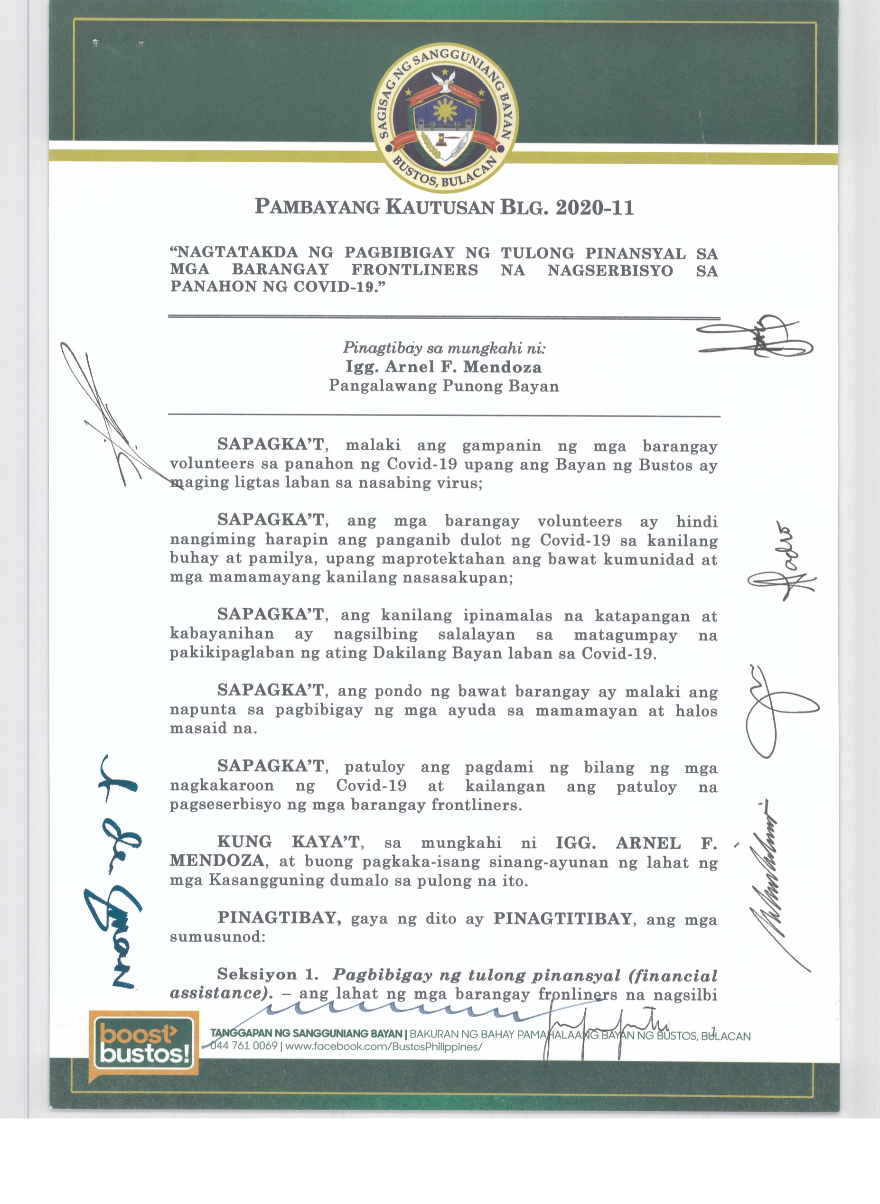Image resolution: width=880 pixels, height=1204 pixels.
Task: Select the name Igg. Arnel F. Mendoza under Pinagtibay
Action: pyautogui.click(x=443, y=367)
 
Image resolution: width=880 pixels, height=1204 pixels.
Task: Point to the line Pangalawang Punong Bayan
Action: pyautogui.click(x=443, y=386)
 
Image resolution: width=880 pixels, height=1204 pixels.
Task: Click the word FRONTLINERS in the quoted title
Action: pyautogui.click(x=414, y=270)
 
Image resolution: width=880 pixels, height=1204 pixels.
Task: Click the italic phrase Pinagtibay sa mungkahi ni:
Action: pyautogui.click(x=444, y=349)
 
